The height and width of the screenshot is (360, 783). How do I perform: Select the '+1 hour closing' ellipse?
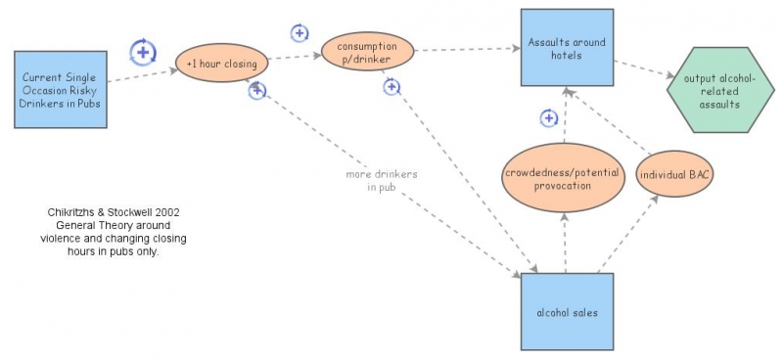221,65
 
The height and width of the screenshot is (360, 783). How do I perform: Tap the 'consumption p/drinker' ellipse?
367,52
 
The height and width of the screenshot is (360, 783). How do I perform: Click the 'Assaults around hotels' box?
567,48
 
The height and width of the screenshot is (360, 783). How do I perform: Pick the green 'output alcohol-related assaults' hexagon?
714,90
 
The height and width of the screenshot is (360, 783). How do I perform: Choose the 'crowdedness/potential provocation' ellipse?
562,178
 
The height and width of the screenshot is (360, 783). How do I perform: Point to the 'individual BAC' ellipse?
674,174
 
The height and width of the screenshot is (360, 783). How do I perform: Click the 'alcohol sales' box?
567,312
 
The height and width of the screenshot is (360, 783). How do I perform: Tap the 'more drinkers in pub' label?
382,180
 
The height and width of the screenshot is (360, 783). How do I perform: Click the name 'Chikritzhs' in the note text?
78,212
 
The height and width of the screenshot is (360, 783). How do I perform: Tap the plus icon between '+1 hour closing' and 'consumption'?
299,32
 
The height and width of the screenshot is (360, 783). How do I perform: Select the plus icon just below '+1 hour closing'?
257,91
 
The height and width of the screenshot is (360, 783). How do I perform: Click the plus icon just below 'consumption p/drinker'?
391,87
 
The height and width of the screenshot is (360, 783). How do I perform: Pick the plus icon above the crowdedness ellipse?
549,118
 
